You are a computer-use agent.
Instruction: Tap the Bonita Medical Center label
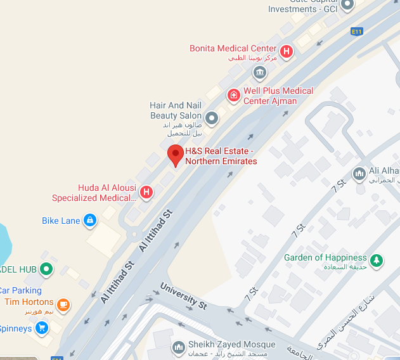(233, 49)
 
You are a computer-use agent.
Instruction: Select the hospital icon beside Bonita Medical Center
(287, 51)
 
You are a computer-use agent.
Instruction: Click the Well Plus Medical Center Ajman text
(278, 95)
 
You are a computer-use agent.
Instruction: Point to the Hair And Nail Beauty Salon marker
(212, 117)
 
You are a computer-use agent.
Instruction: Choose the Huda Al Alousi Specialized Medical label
(106, 193)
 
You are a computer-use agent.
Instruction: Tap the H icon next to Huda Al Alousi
(146, 191)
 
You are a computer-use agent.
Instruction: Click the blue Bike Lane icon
(90, 220)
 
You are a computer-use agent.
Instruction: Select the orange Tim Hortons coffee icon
(63, 305)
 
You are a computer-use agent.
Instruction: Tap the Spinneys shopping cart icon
(42, 328)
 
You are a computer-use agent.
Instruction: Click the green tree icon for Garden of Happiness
(377, 260)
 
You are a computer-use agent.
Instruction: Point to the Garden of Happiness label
(325, 258)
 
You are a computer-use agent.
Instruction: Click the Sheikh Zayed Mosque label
(231, 345)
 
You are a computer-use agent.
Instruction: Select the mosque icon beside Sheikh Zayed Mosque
(178, 346)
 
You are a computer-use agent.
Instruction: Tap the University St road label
(184, 296)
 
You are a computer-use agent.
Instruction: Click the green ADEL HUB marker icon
(46, 269)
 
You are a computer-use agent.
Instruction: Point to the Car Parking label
(20, 291)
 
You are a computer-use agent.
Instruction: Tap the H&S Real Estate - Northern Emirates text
(221, 156)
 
